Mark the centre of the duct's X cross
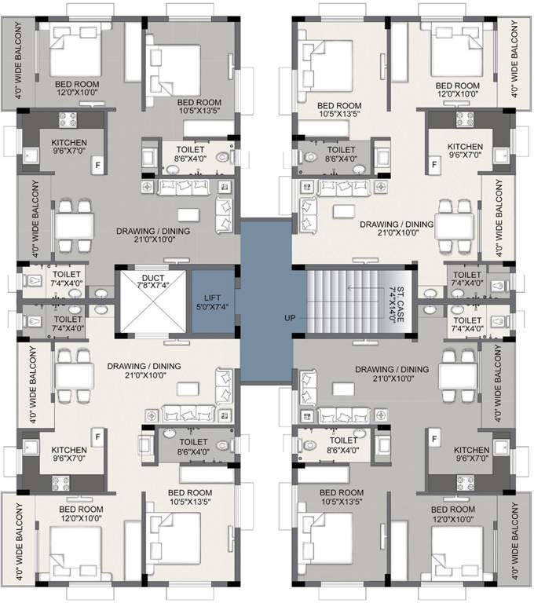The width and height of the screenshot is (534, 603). [152, 302]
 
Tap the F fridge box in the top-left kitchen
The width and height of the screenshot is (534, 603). [98, 165]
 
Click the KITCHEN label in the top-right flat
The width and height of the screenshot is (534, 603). [465, 146]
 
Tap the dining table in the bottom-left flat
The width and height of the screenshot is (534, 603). [75, 378]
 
